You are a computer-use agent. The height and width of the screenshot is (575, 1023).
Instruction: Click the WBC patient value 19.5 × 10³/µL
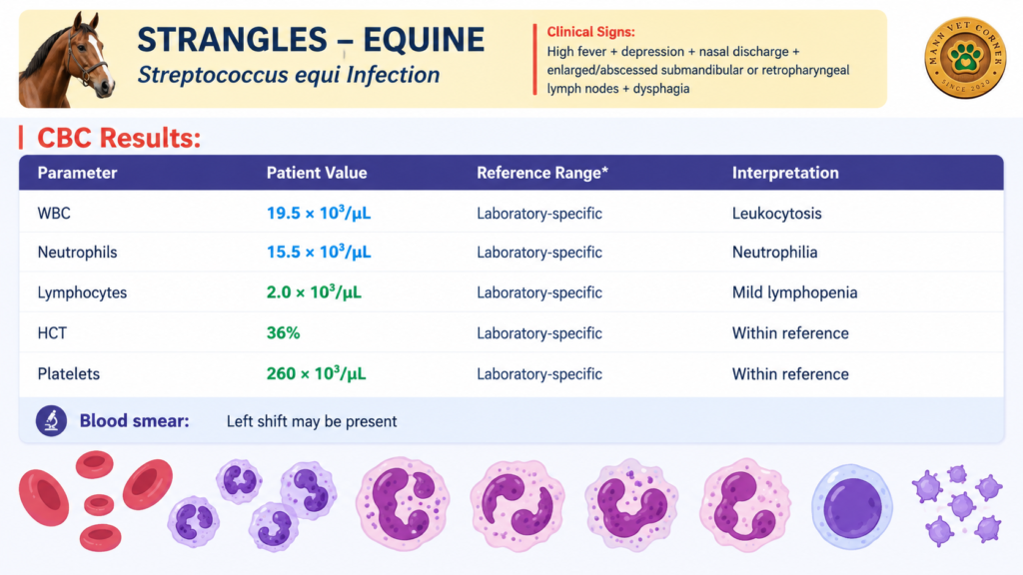pos(319,214)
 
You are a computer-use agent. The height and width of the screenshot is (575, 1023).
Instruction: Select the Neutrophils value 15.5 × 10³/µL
pos(319,253)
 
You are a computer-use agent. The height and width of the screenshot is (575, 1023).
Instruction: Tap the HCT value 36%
pos(283,333)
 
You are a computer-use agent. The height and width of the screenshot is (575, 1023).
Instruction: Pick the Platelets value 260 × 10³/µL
pos(316,373)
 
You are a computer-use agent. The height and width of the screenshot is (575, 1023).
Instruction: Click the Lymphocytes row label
pos(82,292)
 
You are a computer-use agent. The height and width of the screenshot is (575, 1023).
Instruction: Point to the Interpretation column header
pos(785,173)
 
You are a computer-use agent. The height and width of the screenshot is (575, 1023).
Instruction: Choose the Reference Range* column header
pos(542,173)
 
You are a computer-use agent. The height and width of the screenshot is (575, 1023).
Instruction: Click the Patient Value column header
pos(317,173)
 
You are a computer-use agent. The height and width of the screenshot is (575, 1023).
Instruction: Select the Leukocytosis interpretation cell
pos(776,214)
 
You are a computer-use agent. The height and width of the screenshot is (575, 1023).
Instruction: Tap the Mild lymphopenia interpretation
pos(794,292)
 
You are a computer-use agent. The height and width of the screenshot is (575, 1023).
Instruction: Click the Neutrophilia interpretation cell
pos(774,253)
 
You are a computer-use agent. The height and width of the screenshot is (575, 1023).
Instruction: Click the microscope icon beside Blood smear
pos(52,421)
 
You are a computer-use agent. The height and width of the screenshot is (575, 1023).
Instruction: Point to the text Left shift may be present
pos(312,422)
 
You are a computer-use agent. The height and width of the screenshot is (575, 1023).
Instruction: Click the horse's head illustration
pos(67,59)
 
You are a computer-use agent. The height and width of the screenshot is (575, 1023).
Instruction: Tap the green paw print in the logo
pos(966,57)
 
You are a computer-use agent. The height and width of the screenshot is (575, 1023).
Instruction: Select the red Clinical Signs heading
pos(590,32)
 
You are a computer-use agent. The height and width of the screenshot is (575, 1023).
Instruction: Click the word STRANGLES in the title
pos(232,40)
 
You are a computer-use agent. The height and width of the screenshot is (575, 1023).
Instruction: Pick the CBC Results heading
pos(119,138)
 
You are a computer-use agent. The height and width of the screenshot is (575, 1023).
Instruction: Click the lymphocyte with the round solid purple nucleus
pos(852,507)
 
